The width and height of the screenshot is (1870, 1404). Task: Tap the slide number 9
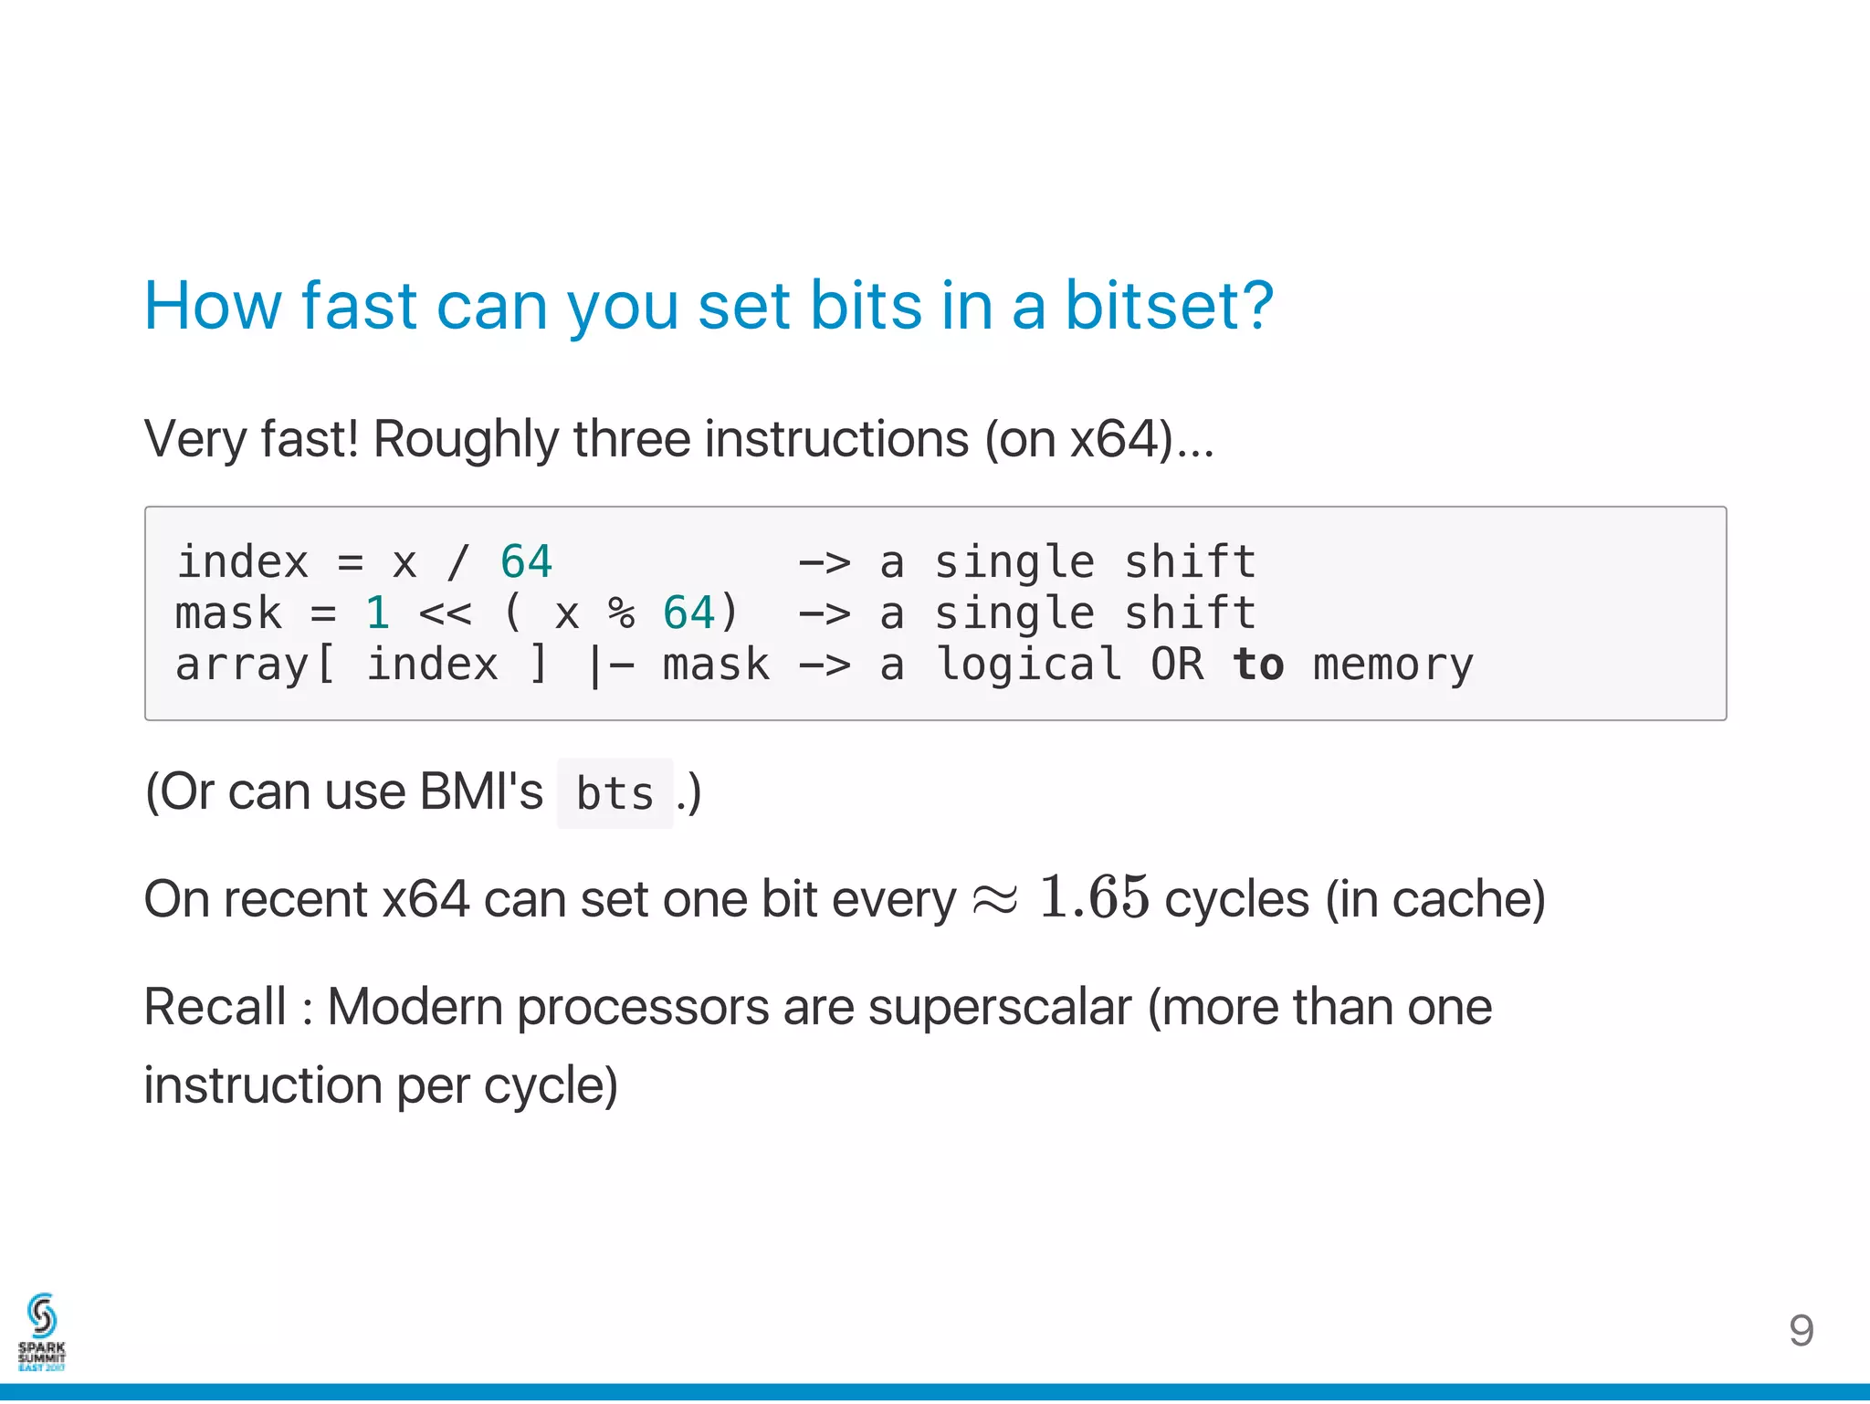click(x=1801, y=1331)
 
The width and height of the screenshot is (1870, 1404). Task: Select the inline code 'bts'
click(x=615, y=793)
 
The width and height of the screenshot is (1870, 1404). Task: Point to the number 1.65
click(x=1093, y=896)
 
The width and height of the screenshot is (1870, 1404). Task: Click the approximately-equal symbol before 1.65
click(x=994, y=899)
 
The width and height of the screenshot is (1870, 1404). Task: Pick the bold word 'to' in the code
click(x=1257, y=664)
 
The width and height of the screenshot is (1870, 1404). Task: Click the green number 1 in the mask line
click(x=377, y=613)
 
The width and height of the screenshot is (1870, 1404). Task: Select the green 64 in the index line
click(x=526, y=561)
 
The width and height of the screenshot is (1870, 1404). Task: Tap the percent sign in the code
click(x=621, y=613)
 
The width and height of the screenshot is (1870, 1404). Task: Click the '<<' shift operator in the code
click(x=445, y=613)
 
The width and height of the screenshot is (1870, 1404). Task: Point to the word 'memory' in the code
click(x=1392, y=665)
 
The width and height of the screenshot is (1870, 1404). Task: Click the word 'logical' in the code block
click(x=1029, y=665)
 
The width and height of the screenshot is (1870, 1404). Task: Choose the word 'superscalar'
click(x=999, y=1008)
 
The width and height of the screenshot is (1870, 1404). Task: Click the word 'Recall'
click(x=215, y=1008)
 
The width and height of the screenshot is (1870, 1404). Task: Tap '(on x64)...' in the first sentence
click(x=1098, y=439)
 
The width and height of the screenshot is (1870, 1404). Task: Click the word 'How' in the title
click(x=212, y=306)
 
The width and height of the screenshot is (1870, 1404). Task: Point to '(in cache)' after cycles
click(x=1434, y=899)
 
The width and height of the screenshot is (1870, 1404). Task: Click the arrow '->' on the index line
click(x=824, y=561)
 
